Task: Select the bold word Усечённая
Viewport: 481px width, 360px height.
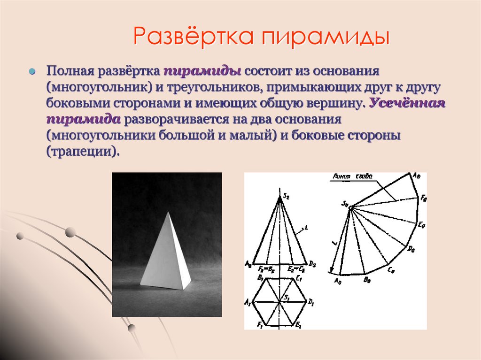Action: pyautogui.click(x=407, y=104)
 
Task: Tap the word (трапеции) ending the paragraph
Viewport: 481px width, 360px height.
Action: pyautogui.click(x=80, y=152)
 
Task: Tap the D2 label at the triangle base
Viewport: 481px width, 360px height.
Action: pyautogui.click(x=312, y=265)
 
